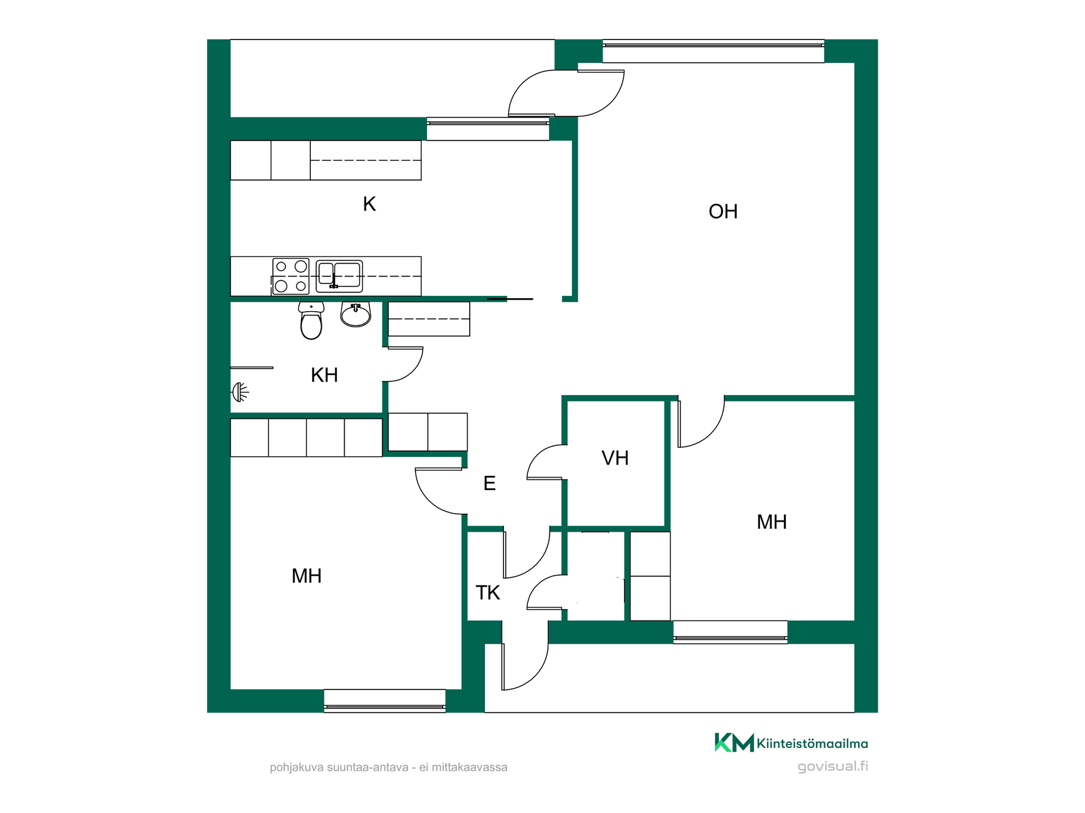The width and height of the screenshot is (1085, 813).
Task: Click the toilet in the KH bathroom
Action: click(311, 320)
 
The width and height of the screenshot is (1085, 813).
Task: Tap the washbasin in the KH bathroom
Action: click(355, 314)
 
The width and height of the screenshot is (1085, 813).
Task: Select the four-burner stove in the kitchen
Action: click(290, 276)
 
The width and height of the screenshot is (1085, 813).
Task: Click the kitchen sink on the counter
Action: click(339, 276)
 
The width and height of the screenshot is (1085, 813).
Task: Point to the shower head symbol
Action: click(240, 392)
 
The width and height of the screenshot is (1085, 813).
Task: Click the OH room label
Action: click(723, 212)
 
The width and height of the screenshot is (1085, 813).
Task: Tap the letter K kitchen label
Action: click(369, 204)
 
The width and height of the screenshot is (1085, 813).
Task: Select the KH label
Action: click(324, 375)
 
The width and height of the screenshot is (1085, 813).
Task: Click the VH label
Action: click(615, 458)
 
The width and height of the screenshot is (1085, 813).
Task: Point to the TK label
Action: click(488, 593)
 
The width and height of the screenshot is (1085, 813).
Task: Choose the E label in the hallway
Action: click(489, 483)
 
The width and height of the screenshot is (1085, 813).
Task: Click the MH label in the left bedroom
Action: click(306, 576)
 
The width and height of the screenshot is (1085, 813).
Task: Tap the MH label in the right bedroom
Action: click(771, 522)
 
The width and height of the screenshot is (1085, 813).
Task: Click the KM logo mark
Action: click(734, 742)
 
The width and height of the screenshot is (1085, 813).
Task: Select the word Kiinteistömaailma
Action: click(813, 744)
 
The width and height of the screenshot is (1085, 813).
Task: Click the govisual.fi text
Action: click(833, 766)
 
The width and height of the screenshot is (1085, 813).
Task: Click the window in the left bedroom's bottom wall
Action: click(385, 701)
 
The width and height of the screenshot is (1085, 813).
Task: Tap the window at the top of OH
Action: click(713, 51)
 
